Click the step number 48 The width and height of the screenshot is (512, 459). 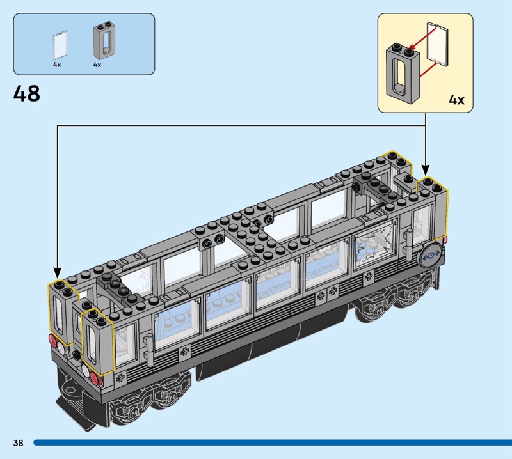click(27, 93)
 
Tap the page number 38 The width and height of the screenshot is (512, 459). click(19, 442)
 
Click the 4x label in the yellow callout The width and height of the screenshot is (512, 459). click(456, 100)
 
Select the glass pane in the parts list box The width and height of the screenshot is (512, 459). click(60, 45)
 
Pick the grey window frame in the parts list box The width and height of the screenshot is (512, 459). click(105, 42)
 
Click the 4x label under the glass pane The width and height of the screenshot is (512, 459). click(57, 65)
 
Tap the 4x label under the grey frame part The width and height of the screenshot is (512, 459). click(97, 65)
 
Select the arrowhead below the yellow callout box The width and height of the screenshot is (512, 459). click(425, 170)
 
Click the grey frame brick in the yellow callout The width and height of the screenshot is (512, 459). click(403, 74)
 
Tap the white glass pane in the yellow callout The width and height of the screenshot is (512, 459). click(438, 44)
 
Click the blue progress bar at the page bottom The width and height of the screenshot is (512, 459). click(273, 442)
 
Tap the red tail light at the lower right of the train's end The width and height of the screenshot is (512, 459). click(95, 378)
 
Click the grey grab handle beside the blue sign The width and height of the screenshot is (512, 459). click(410, 245)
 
